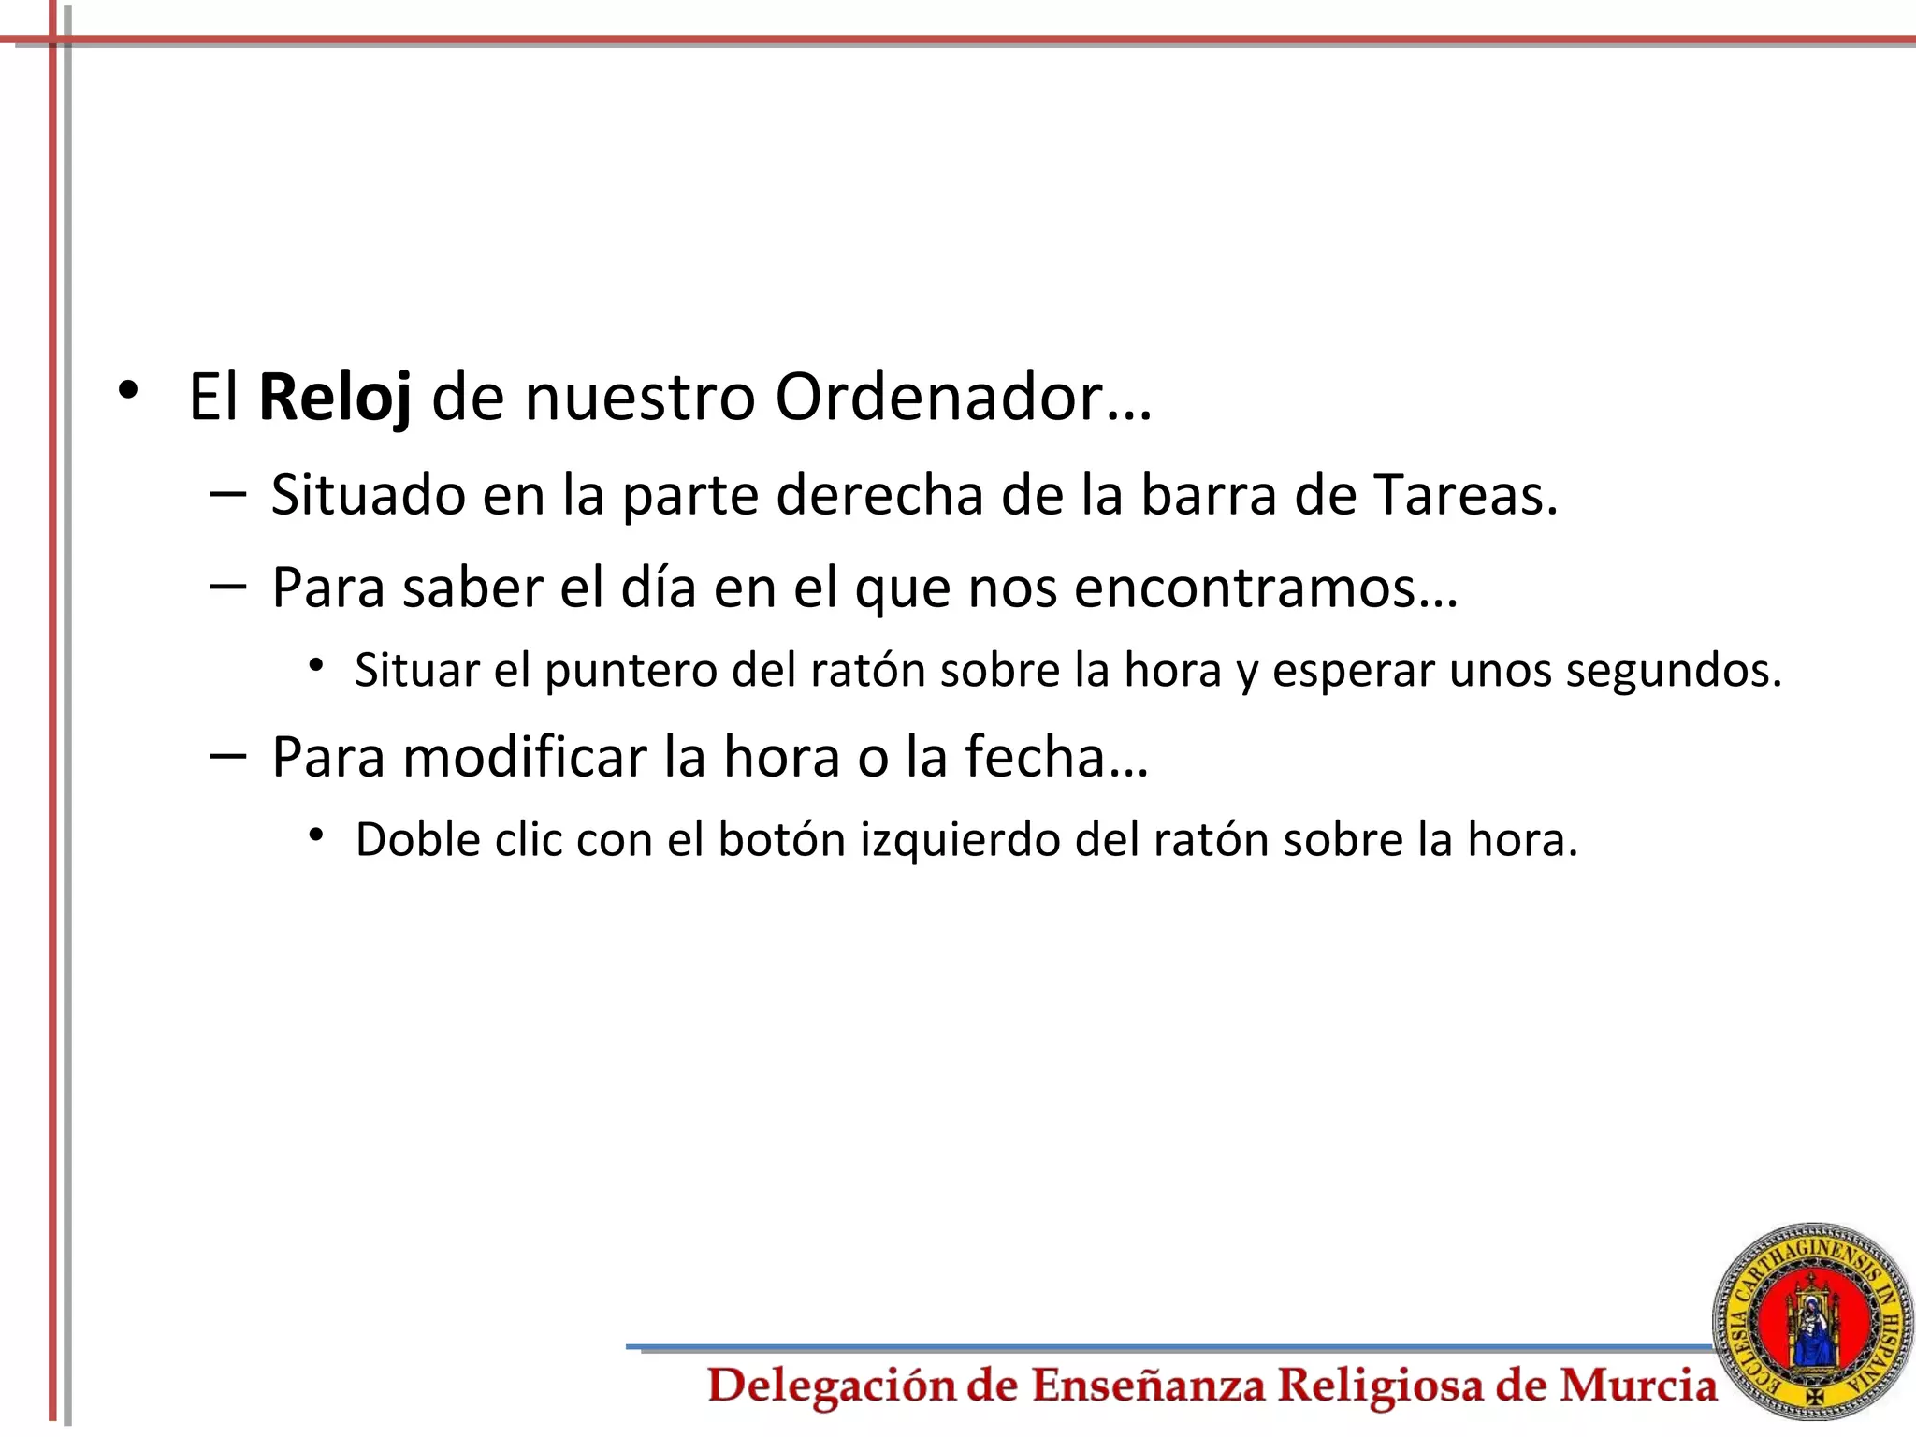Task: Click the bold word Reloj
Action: [x=334, y=398]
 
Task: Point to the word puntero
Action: [x=631, y=671]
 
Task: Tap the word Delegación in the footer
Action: [x=832, y=1386]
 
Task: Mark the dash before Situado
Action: [x=228, y=493]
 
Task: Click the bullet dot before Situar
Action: [x=316, y=665]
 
